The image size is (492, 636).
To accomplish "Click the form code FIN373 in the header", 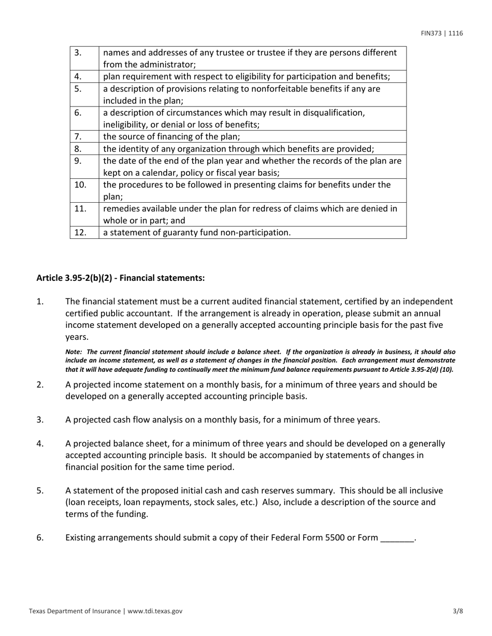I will [430, 34].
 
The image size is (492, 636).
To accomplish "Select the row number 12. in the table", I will [80, 232].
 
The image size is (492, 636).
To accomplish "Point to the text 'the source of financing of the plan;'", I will [171, 137].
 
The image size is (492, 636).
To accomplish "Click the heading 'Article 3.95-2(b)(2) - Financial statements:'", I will [121, 278].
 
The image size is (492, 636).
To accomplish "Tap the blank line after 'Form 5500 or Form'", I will [397, 538].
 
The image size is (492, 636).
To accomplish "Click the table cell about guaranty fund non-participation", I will [197, 232].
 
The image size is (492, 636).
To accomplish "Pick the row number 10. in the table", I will [80, 185].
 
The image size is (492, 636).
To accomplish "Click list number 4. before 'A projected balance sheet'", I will [40, 444].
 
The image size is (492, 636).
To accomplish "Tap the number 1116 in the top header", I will [456, 34].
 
